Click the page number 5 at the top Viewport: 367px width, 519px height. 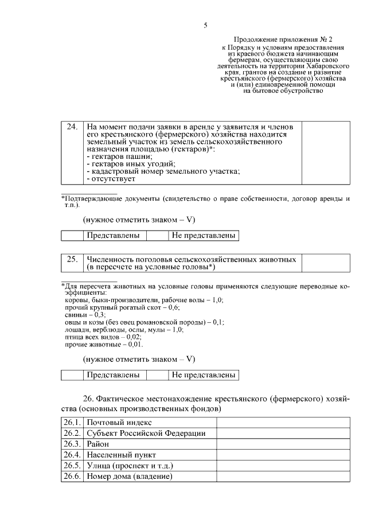pyautogui.click(x=205, y=25)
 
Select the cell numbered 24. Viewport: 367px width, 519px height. pyautogui.click(x=72, y=126)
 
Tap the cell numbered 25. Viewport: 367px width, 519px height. pyautogui.click(x=72, y=259)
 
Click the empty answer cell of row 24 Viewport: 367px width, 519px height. pyautogui.click(x=325, y=152)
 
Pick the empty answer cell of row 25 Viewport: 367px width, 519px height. pyautogui.click(x=325, y=263)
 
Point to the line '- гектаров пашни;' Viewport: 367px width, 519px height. pyautogui.click(x=119, y=157)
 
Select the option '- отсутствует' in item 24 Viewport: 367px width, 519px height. pyautogui.click(x=111, y=179)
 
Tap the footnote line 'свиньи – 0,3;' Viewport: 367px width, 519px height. pyautogui.click(x=84, y=315)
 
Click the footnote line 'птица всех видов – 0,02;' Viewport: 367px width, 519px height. pyautogui.click(x=103, y=337)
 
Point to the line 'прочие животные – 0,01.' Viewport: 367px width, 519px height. pyautogui.click(x=103, y=345)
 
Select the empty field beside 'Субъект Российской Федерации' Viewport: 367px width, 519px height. pyautogui.click(x=283, y=433)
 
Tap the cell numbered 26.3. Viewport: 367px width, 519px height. pyautogui.click(x=72, y=444)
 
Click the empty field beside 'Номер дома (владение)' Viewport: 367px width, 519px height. pyautogui.click(x=283, y=477)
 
